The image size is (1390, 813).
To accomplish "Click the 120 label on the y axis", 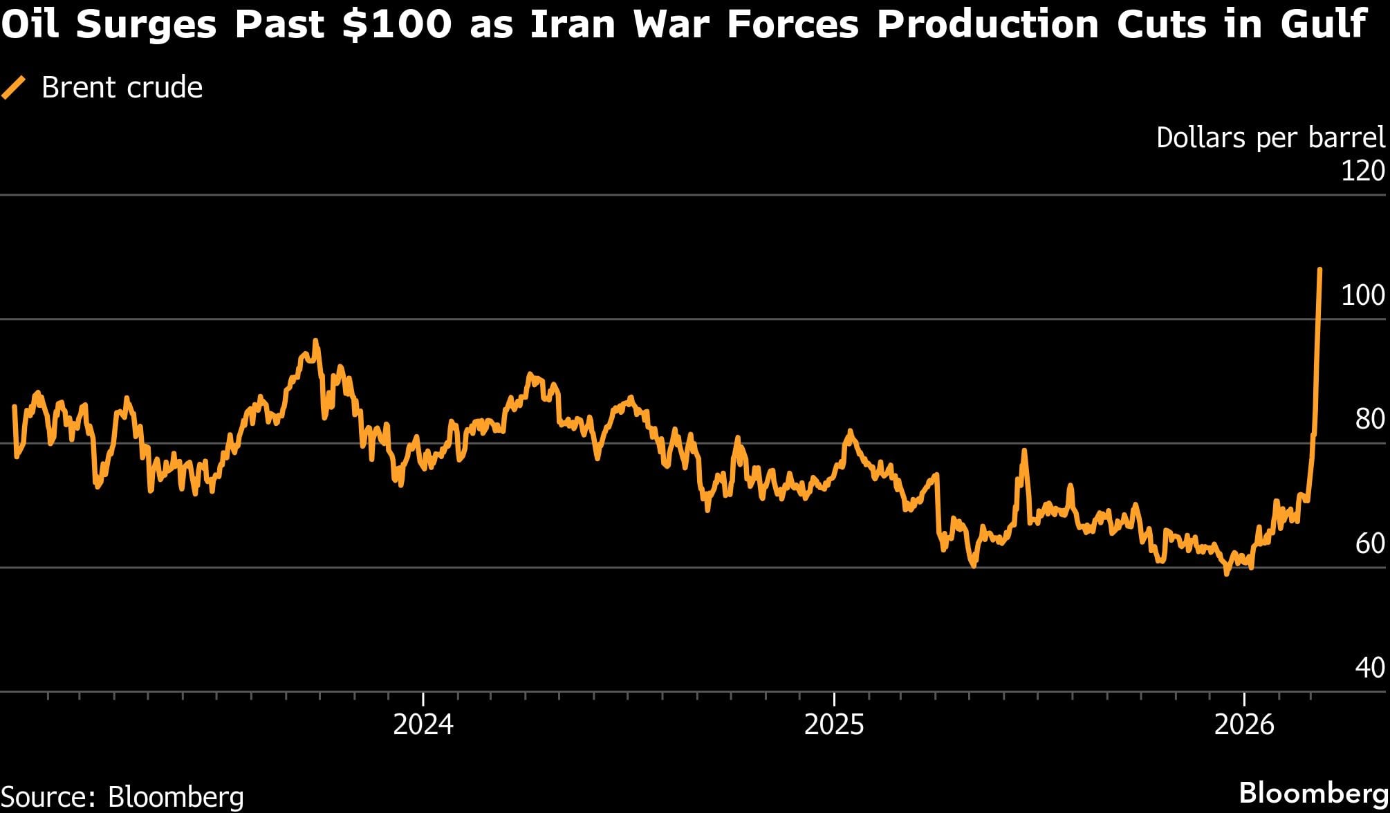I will pos(1362,171).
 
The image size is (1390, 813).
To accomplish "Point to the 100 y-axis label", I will pos(1362,295).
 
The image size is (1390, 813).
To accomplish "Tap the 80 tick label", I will pos(1369,419).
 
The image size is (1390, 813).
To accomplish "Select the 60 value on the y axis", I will pos(1369,543).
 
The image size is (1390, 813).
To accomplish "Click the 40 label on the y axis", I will pos(1369,667).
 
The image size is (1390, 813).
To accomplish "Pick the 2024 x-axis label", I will pos(423,725).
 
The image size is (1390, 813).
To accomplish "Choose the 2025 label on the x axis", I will pos(834,725).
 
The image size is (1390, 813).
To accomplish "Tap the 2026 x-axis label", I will pos(1244,725).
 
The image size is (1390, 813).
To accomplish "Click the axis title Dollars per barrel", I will pos(1270,138).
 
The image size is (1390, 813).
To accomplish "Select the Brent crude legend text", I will pos(122,88).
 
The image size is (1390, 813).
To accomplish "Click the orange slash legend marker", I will pos(14,88).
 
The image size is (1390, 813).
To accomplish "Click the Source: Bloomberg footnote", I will pos(122,796).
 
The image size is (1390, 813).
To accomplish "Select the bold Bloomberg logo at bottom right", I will pos(1313,792).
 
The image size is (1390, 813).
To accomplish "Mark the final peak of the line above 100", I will pos(1319,270).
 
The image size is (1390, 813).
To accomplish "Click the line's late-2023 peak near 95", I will pos(315,341).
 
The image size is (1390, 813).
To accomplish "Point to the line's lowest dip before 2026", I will pos(1227,573).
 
